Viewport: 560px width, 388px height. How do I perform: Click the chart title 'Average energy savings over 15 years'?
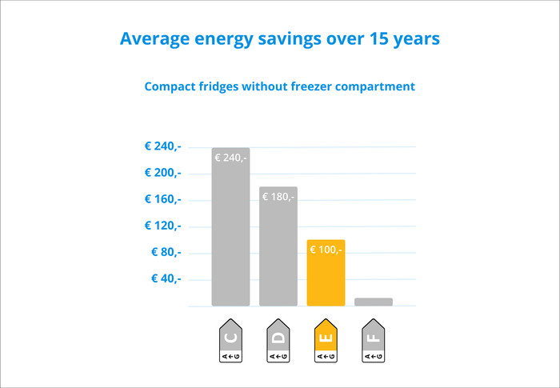click(x=279, y=39)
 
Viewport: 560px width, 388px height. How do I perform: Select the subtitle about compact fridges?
click(x=279, y=86)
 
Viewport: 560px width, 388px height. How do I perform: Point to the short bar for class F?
click(x=374, y=302)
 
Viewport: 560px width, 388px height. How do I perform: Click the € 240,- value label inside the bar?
click(x=231, y=158)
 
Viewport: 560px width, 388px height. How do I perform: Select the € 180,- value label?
click(x=278, y=197)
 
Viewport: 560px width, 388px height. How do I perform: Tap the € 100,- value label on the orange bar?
click(x=326, y=250)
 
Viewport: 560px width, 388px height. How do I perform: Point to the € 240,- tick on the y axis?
click(x=162, y=146)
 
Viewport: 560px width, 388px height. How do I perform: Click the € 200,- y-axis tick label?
click(x=162, y=173)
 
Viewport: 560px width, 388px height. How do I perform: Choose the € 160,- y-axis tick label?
click(x=162, y=199)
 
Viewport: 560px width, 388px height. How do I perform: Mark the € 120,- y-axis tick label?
click(x=162, y=226)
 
